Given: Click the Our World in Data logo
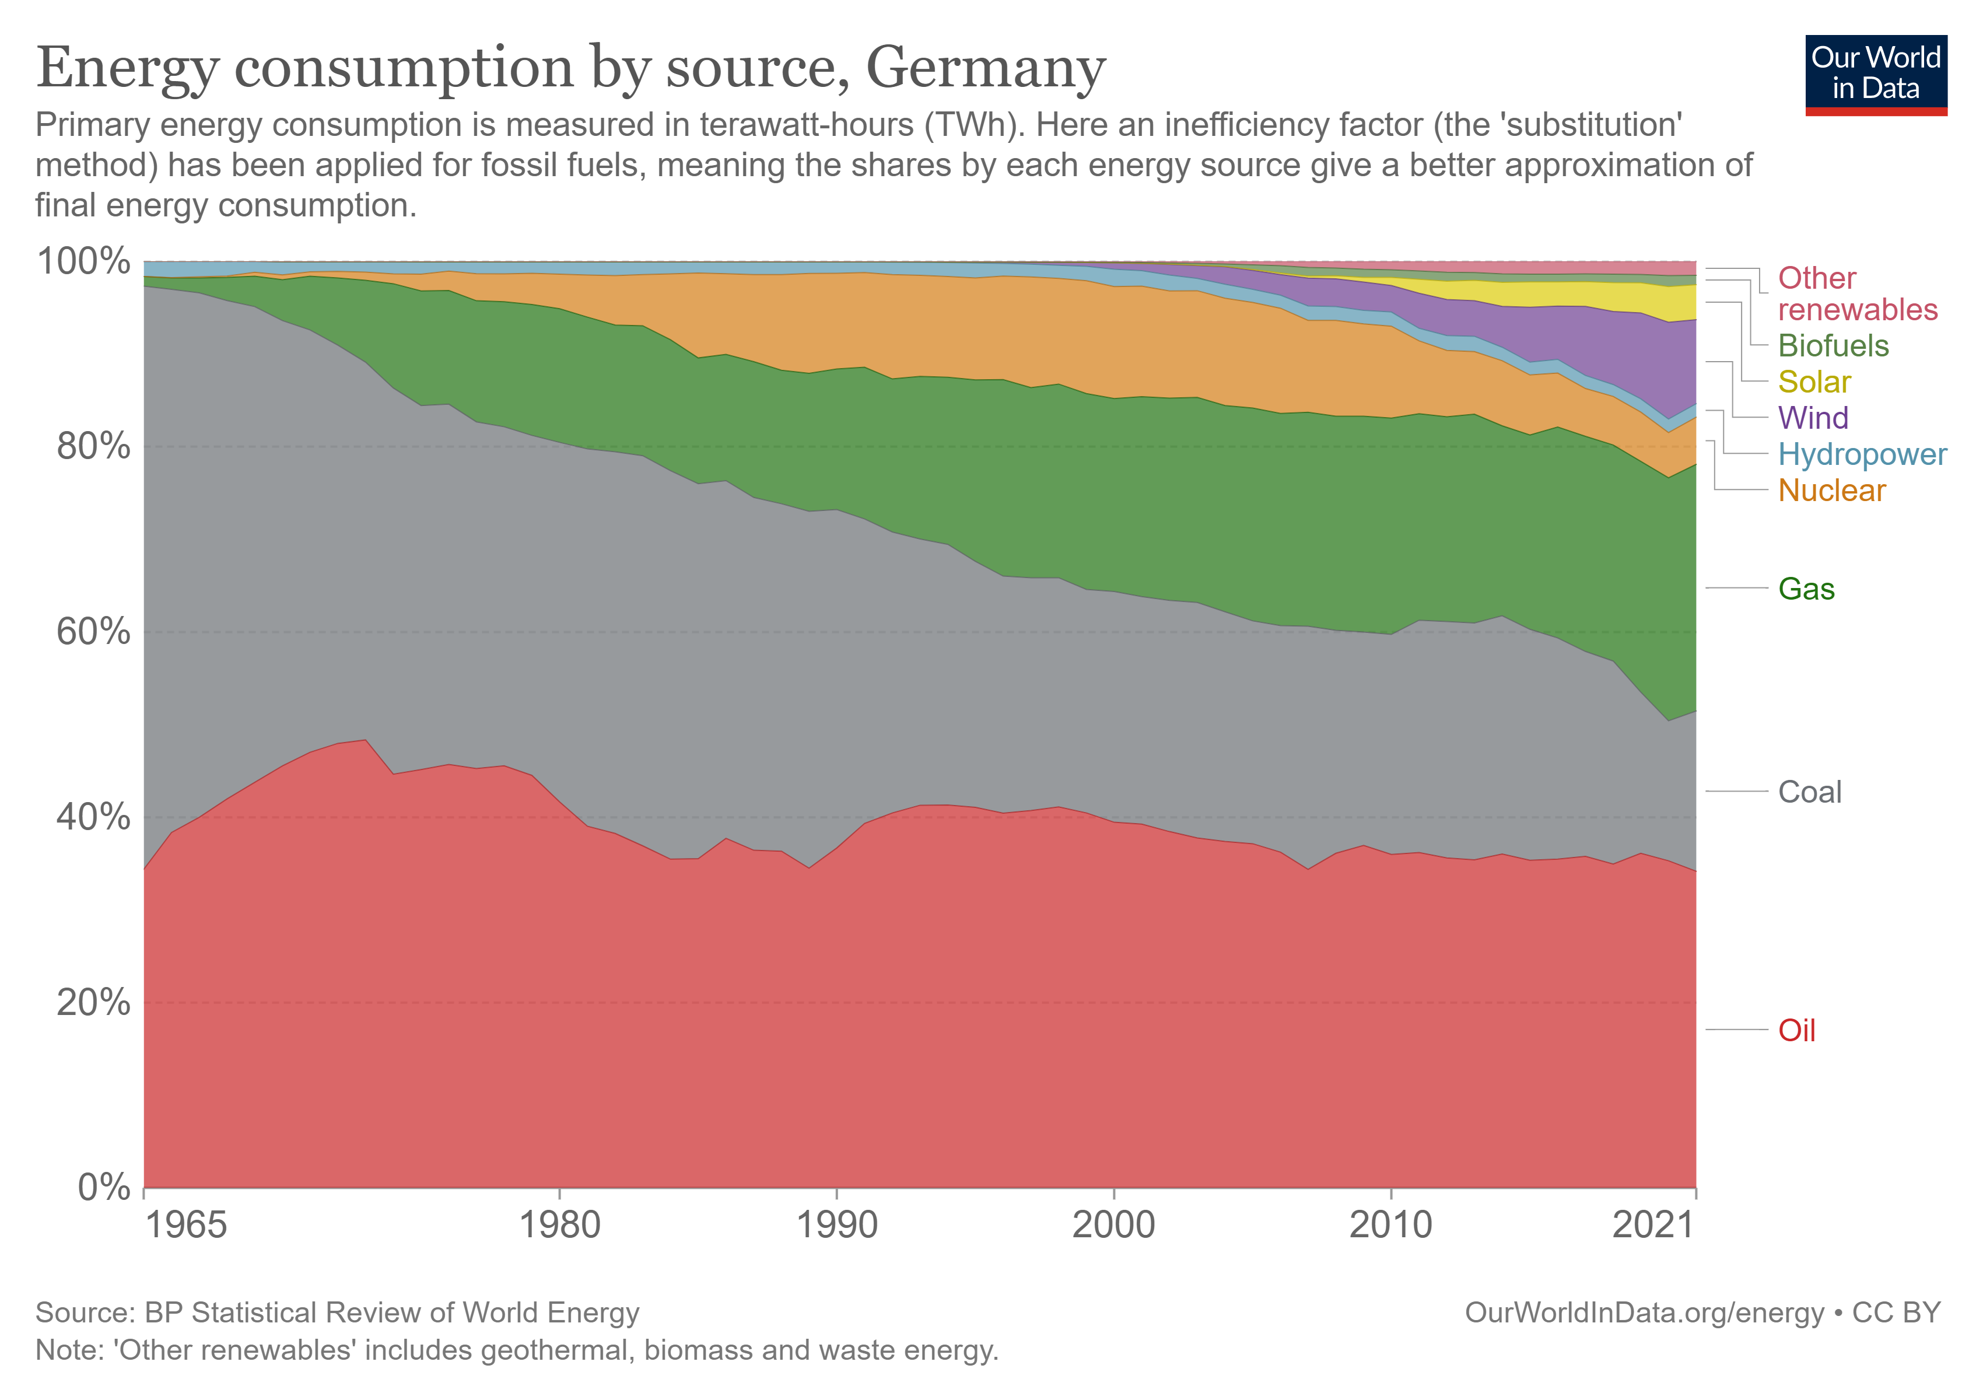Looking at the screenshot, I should pos(1875,74).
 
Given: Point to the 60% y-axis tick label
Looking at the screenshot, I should pos(93,632).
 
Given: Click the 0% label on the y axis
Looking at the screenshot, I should pos(104,1188).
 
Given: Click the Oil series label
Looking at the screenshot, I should pos(1796,1030).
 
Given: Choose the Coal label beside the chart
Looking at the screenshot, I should pos(1809,792).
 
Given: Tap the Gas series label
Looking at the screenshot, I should pos(1806,589).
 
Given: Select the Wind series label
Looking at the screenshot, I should pos(1813,418).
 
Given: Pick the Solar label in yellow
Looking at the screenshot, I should pos(1814,381).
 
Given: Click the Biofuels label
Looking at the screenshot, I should pos(1833,345).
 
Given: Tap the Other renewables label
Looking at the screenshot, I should pos(1857,293).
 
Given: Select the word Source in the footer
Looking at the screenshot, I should pos(83,1312).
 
